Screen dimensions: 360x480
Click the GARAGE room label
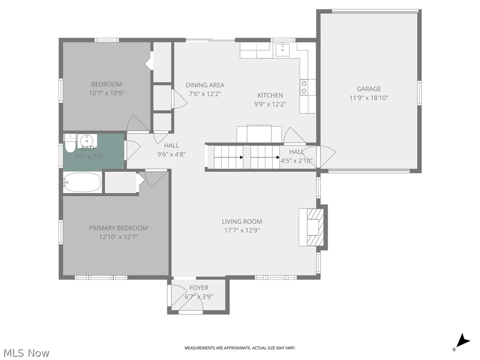click(x=368, y=89)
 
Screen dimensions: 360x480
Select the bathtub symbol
click(x=82, y=182)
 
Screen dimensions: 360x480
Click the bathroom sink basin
click(x=87, y=140)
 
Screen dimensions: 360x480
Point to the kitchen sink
click(x=283, y=49)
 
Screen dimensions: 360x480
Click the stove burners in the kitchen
click(x=304, y=87)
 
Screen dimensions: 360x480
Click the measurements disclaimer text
click(x=240, y=348)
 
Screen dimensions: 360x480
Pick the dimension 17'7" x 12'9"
click(x=241, y=230)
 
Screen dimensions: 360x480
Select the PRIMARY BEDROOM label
click(x=118, y=228)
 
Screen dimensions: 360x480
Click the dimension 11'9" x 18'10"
click(x=368, y=98)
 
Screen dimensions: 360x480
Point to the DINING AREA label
click(x=205, y=85)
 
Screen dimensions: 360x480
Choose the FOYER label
click(x=199, y=287)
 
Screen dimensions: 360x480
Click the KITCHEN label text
click(x=270, y=95)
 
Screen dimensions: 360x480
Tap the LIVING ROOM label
click(x=241, y=221)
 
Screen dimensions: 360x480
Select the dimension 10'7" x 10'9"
click(x=106, y=93)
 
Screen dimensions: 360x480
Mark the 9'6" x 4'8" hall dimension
click(x=171, y=154)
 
